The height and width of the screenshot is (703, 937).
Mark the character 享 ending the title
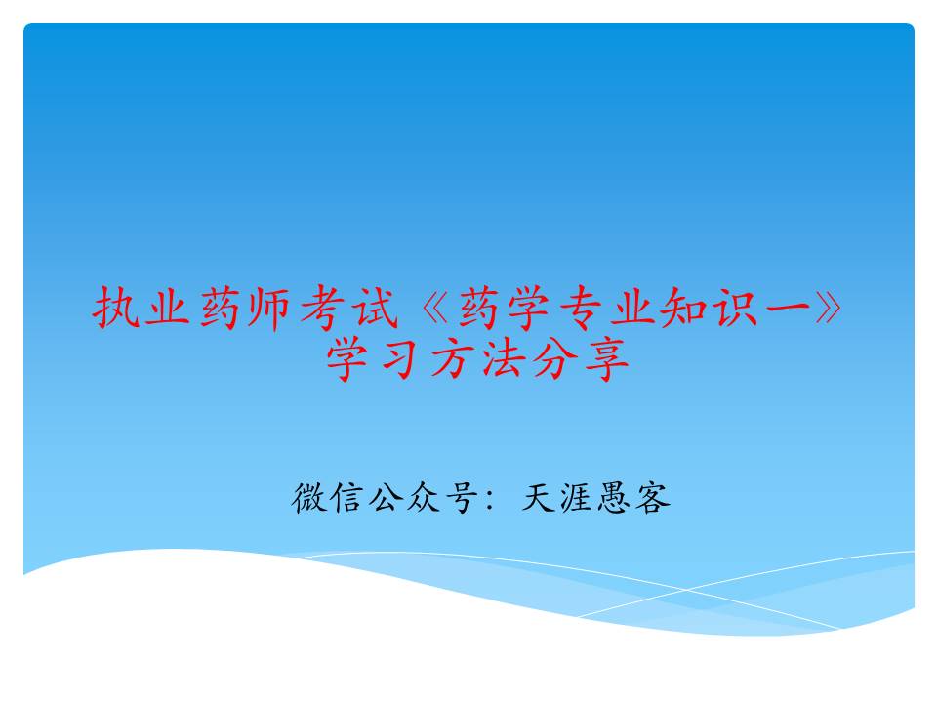(606, 361)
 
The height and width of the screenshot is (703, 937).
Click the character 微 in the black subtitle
(309, 499)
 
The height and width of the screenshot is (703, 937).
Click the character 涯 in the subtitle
(578, 499)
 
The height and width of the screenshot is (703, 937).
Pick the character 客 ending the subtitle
(654, 499)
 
